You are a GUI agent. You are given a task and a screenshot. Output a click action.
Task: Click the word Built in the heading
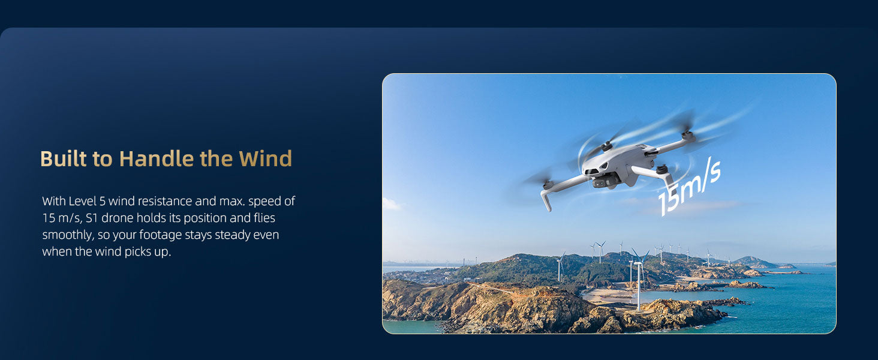63,159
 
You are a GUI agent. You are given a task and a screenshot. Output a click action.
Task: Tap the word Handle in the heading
157,159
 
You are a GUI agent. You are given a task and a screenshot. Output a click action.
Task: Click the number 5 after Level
103,201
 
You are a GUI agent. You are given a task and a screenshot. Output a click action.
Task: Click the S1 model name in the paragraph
91,218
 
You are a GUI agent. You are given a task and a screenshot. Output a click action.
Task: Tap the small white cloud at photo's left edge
392,204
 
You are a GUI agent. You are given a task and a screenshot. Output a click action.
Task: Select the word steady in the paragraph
234,235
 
